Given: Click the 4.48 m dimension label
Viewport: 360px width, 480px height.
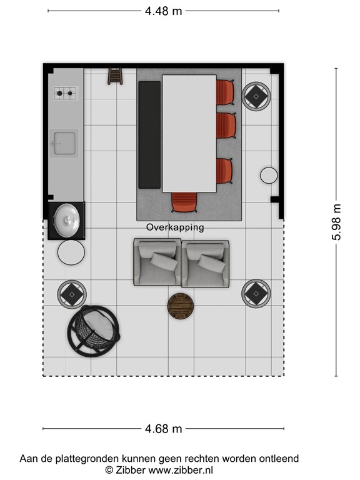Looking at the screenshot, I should [x=164, y=11].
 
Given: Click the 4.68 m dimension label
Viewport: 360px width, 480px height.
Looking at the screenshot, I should [x=164, y=429].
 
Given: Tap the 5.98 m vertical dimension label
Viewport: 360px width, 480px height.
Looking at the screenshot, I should [x=337, y=222].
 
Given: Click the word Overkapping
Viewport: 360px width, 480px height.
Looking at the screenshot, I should [x=175, y=227].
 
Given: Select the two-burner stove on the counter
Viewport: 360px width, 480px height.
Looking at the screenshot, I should [x=66, y=94].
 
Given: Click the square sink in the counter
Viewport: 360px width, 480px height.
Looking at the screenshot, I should [x=64, y=143].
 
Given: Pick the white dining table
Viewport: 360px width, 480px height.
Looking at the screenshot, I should [x=189, y=133].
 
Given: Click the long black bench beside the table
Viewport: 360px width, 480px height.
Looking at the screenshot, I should [x=149, y=134].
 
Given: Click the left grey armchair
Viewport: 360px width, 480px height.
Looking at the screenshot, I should [x=157, y=262].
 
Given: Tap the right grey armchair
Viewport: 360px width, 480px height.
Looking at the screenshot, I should [x=205, y=262].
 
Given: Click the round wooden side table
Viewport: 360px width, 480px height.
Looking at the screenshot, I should [x=181, y=306].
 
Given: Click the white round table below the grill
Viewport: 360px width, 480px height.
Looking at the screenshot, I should [x=71, y=253].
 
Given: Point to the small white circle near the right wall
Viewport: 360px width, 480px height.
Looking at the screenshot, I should [x=269, y=176].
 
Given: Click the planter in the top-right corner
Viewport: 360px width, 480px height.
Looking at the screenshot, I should [x=256, y=96].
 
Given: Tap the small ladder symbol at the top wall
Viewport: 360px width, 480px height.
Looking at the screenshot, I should [x=114, y=75].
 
